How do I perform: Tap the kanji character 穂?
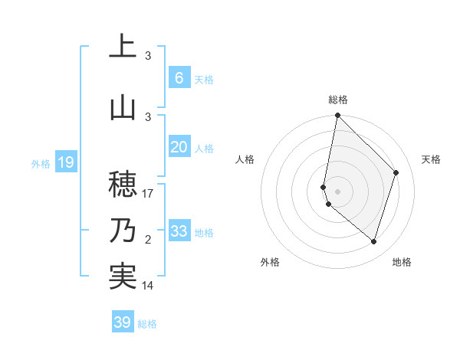(122, 184)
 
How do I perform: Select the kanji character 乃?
(122, 230)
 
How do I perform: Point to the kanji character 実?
(122, 276)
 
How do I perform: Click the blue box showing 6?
(179, 78)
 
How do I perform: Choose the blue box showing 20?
(179, 147)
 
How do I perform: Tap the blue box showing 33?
(179, 231)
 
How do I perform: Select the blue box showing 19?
(65, 162)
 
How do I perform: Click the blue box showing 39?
(122, 322)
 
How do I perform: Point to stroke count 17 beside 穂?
(148, 195)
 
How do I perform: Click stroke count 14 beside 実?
(148, 286)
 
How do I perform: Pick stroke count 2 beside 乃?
(148, 241)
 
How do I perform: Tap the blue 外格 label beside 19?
(41, 163)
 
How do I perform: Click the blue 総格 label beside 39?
(147, 324)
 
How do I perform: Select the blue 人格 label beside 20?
(204, 149)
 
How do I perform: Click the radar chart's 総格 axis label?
(338, 100)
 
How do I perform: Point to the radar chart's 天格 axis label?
(432, 159)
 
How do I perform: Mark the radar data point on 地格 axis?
(374, 242)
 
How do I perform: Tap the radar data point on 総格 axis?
(337, 116)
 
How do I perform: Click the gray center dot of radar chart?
(337, 191)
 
